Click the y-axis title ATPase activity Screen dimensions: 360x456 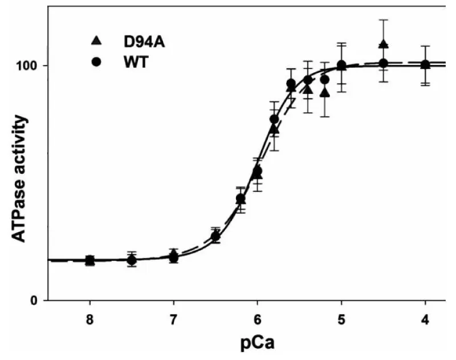tap(20, 178)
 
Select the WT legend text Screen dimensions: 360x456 tap(136, 62)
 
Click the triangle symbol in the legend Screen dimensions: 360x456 tap(97, 40)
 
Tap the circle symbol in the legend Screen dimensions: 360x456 tap(97, 62)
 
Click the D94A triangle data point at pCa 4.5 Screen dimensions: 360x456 tap(383, 44)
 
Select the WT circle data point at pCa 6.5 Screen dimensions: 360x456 tap(215, 236)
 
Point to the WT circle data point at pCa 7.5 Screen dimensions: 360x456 tap(132, 260)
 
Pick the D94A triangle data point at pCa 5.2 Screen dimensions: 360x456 tap(325, 93)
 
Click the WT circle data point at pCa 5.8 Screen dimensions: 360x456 tap(274, 120)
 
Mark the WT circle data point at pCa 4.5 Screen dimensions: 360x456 tap(383, 63)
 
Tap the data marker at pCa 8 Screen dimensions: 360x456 tap(89, 260)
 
